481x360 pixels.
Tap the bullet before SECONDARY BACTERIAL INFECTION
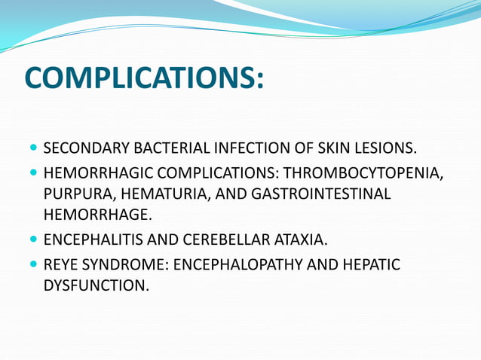(34, 146)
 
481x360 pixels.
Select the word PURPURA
(75, 194)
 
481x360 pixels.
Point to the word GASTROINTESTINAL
(321, 194)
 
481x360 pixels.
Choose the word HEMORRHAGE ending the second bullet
(97, 215)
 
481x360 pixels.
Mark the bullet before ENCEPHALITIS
(34, 240)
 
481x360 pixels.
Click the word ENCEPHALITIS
(93, 241)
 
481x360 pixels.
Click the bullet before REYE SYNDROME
(34, 264)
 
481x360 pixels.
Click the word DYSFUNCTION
(96, 286)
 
